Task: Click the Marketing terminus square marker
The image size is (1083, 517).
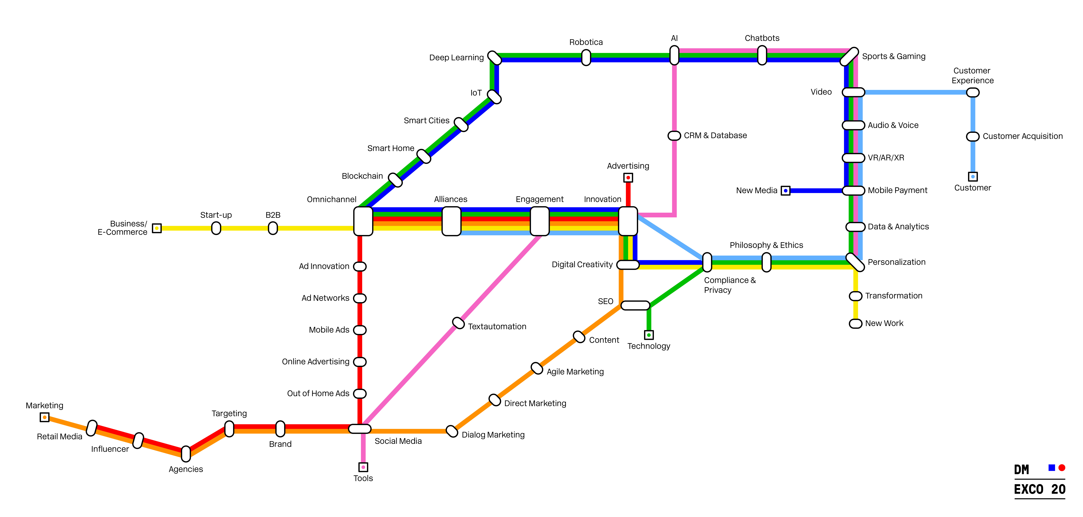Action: (x=45, y=417)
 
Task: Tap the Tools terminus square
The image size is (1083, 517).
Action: (x=363, y=467)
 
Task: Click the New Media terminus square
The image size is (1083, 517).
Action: (x=785, y=191)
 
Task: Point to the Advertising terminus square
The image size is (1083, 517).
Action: (x=628, y=178)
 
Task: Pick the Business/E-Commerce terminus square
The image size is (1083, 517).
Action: (x=157, y=228)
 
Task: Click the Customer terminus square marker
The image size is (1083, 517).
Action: (x=973, y=177)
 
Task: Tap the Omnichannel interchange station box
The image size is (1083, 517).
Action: (x=363, y=221)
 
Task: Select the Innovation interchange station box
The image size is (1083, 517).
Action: (x=628, y=221)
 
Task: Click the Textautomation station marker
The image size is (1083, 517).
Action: (x=458, y=323)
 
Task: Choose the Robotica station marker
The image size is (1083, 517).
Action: (x=586, y=58)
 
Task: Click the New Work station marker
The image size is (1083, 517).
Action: (x=856, y=323)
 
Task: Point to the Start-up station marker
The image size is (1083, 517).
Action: (x=216, y=228)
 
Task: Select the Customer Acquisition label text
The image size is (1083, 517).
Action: (x=1022, y=136)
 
